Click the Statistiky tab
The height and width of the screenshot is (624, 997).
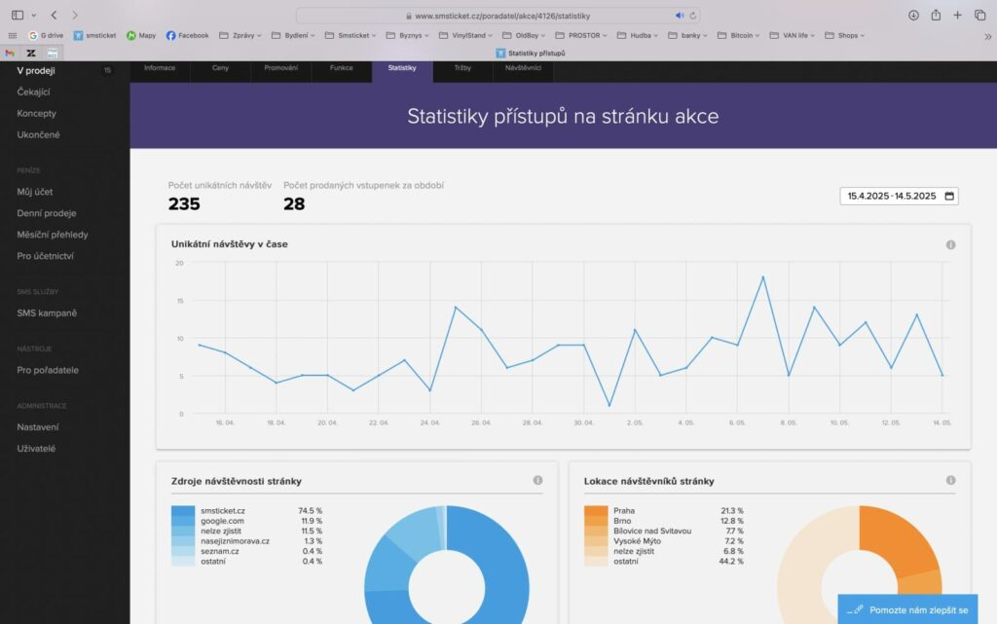click(x=402, y=68)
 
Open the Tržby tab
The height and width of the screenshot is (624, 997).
click(x=462, y=68)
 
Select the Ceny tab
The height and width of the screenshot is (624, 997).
click(x=221, y=68)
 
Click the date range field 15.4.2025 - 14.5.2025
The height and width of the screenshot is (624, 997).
click(x=899, y=196)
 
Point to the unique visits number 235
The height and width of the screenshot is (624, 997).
click(x=184, y=203)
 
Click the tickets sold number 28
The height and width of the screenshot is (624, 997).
click(x=294, y=203)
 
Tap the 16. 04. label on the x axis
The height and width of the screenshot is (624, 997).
click(x=226, y=423)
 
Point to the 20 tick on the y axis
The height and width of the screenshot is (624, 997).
click(x=179, y=263)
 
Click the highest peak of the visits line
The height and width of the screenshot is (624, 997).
click(x=762, y=277)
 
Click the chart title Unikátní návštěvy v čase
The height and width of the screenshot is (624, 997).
click(x=229, y=243)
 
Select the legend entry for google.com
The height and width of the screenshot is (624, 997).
click(x=223, y=521)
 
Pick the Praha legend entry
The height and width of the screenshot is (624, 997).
click(x=624, y=510)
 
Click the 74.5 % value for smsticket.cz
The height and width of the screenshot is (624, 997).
click(x=310, y=510)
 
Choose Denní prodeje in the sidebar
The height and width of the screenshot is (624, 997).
click(x=47, y=213)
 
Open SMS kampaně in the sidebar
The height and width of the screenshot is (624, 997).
click(x=47, y=312)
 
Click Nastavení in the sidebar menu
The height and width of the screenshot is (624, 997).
click(x=38, y=426)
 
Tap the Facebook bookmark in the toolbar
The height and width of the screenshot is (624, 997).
click(x=187, y=35)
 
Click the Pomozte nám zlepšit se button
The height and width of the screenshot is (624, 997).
click(x=907, y=609)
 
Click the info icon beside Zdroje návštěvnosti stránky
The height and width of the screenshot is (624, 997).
click(x=537, y=481)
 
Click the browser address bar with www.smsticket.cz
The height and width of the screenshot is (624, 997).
click(x=498, y=16)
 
